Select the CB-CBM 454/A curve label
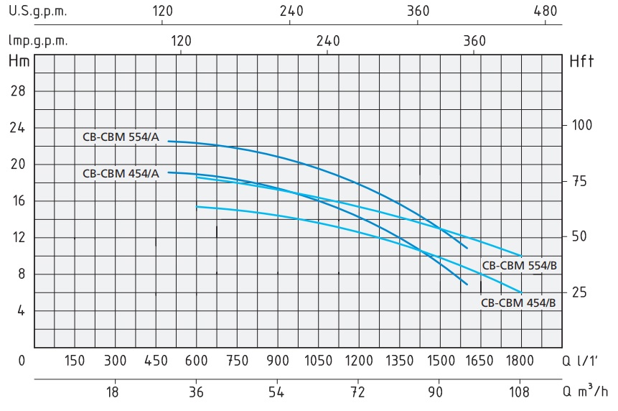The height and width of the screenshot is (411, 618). coord(121,172)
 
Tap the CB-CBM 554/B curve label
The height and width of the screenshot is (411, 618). coord(519,265)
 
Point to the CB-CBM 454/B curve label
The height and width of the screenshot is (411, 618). coord(518,303)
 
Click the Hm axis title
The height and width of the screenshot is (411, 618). coord(19,61)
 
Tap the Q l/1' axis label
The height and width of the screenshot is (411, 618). coord(585,361)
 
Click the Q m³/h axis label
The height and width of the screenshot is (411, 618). coord(585,392)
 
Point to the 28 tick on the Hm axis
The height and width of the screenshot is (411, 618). coord(19,91)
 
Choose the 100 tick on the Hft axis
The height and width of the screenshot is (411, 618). coord(583,125)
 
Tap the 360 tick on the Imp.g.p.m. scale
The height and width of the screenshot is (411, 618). coord(474,41)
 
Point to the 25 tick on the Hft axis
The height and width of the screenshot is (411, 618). coord(579,292)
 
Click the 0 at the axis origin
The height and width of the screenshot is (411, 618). coord(22,361)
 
